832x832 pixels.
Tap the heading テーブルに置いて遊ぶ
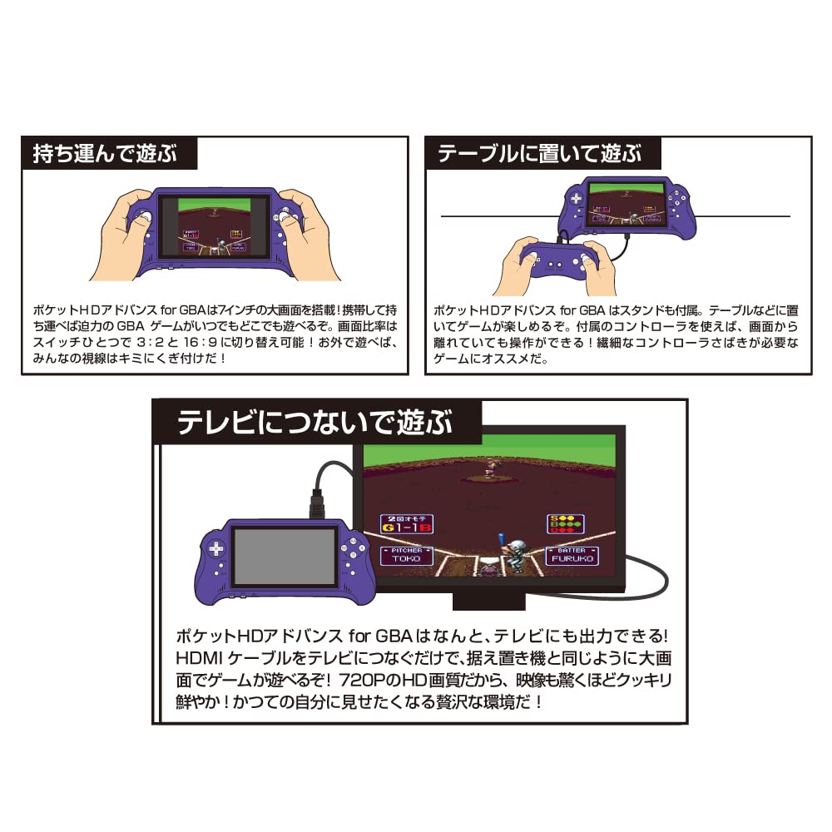(x=540, y=154)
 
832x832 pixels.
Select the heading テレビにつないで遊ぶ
(x=315, y=422)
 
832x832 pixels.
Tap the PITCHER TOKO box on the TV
(x=407, y=555)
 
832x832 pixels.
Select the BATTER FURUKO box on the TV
(x=571, y=555)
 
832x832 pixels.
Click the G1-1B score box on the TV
(x=407, y=523)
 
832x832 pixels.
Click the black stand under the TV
(x=490, y=599)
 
